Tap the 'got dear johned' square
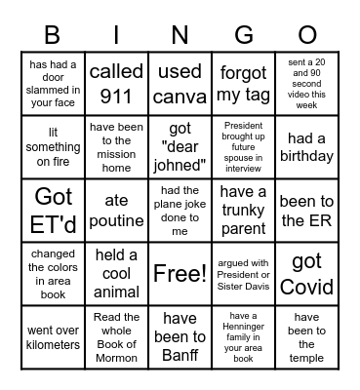pos(180,146)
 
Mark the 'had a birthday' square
pos(306,146)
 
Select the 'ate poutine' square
pos(116,210)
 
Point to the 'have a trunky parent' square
pos(243,210)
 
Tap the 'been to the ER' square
pos(306,210)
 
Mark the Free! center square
pos(180,274)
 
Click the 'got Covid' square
pos(306,274)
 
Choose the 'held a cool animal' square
pos(116,274)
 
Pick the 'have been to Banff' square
pos(180,336)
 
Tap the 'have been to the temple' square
pos(306,336)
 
